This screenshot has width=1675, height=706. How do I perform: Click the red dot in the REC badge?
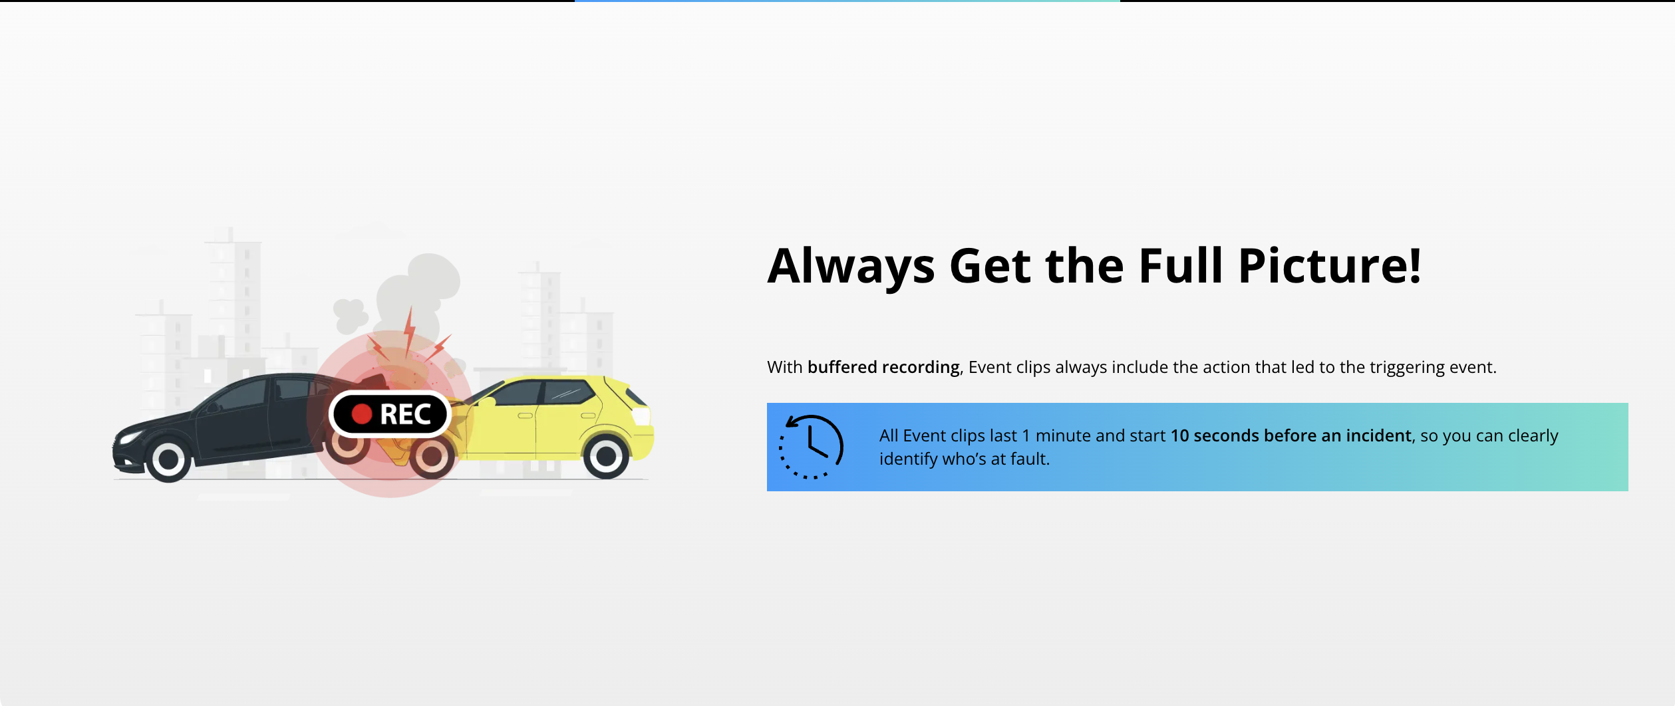[x=361, y=414]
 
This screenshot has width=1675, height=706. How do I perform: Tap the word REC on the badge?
[x=406, y=415]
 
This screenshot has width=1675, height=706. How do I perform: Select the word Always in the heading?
[x=851, y=267]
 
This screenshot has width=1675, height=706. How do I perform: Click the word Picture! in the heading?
[x=1330, y=266]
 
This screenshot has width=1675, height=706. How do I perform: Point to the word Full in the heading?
[x=1181, y=266]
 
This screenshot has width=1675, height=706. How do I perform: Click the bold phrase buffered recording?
[x=883, y=368]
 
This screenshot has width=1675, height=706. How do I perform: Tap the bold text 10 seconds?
[x=1215, y=435]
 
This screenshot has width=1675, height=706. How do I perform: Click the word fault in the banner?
[x=1028, y=459]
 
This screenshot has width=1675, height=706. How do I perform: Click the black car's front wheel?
[x=169, y=458]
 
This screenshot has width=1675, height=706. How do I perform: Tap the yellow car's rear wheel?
[x=606, y=456]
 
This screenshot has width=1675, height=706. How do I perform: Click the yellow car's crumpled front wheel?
[x=432, y=455]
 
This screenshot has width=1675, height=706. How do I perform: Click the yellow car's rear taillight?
[x=641, y=417]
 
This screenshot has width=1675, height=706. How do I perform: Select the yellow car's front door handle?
[x=526, y=415]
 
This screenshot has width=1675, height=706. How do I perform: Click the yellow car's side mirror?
[x=487, y=402]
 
